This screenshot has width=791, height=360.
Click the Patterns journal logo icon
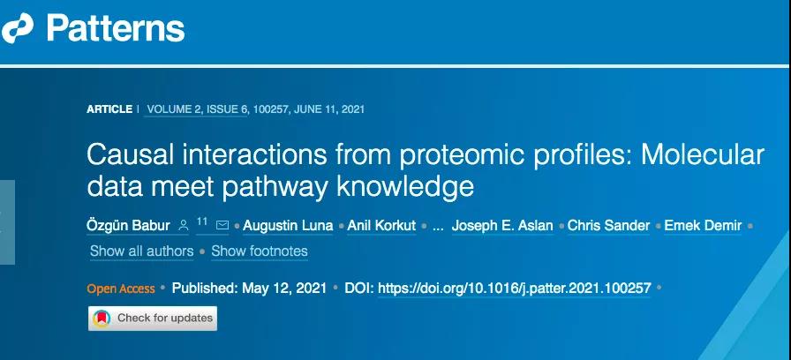(17, 28)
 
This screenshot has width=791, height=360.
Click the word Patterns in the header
(116, 28)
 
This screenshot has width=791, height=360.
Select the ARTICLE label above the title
(109, 109)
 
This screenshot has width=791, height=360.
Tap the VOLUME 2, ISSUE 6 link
(196, 109)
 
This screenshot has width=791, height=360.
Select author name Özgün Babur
(128, 225)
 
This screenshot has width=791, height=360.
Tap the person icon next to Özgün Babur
(184, 225)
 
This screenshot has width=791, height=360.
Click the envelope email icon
(222, 225)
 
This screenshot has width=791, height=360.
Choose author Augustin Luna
(288, 225)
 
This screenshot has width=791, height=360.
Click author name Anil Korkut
(381, 225)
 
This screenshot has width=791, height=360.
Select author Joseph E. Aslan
(502, 225)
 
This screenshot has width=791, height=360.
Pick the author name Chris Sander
(608, 225)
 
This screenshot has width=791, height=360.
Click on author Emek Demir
(703, 225)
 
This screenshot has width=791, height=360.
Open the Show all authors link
(142, 251)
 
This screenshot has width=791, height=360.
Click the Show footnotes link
(260, 251)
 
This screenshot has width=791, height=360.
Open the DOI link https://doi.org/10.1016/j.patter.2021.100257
(515, 289)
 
